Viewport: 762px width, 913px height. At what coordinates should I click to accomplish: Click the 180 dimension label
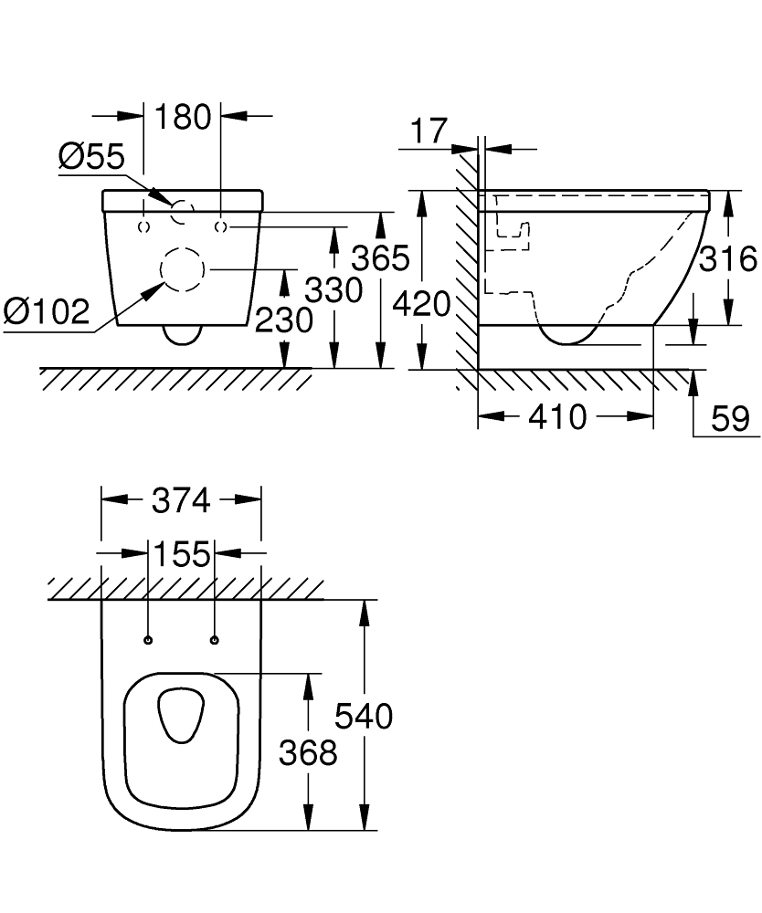point(183,117)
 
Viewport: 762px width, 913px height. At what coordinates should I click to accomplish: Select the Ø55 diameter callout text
point(90,157)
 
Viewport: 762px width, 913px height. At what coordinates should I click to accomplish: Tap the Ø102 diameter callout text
point(47,312)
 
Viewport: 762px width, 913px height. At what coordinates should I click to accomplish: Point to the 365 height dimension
point(380,258)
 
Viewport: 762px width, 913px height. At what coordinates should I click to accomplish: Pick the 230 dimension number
point(285,320)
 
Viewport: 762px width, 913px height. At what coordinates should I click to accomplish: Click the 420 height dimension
point(421,303)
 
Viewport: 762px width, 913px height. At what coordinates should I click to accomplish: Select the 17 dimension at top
point(429,131)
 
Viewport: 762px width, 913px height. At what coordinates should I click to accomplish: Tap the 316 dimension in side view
point(727,259)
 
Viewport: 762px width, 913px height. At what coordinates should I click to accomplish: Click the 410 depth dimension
point(558,417)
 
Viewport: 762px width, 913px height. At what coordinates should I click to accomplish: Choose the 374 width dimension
point(181,500)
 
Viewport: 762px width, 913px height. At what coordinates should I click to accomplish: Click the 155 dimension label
point(181,553)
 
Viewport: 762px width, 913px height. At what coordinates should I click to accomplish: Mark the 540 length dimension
point(364,716)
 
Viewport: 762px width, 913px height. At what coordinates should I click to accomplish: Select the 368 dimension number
point(309,752)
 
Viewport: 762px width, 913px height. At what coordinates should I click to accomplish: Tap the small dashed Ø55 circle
point(183,213)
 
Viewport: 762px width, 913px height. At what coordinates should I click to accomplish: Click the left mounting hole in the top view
point(148,639)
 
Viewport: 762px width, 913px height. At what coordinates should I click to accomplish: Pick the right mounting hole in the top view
point(215,639)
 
